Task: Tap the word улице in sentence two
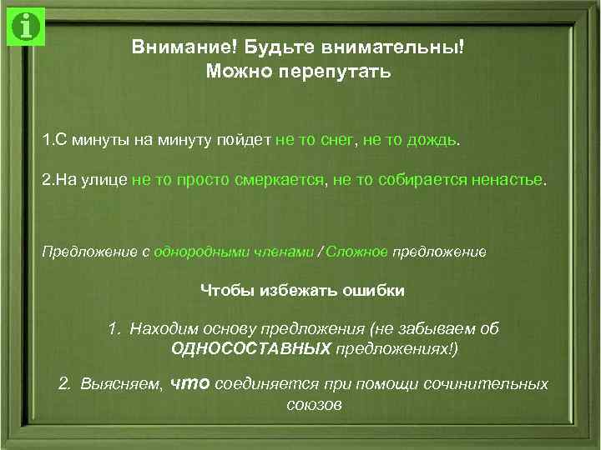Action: [x=104, y=180]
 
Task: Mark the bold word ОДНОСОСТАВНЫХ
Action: [x=250, y=348]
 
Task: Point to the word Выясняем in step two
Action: [x=122, y=384]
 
